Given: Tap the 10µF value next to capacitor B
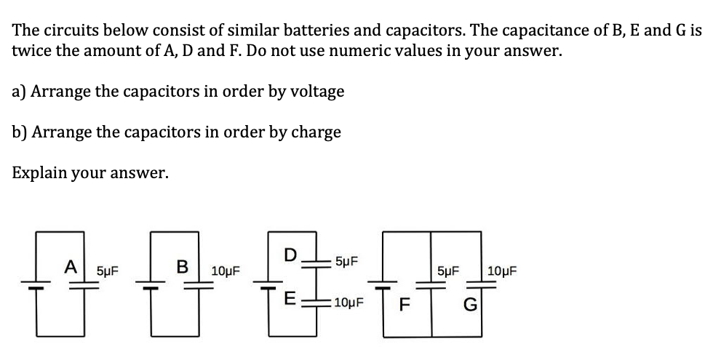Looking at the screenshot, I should pos(226,271).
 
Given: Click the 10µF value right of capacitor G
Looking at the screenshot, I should pos(502,271).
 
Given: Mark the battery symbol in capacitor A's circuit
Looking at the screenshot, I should pos(41,285).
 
